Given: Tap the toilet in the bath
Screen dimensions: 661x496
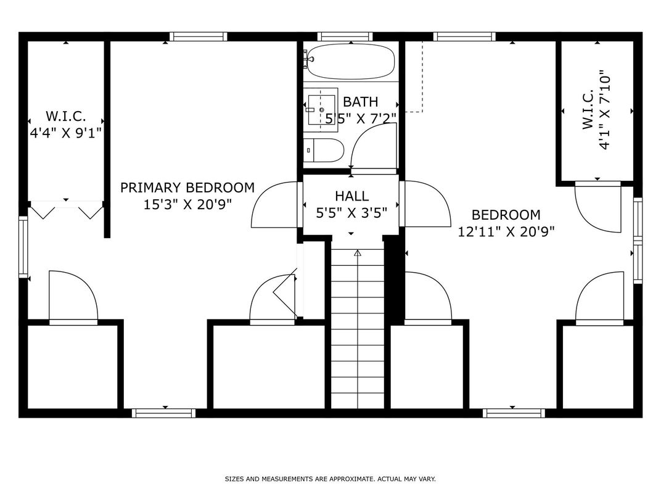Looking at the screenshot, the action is [324, 150].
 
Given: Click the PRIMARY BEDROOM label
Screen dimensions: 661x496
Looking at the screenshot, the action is [187, 188].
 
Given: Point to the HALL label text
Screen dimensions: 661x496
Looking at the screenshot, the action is [352, 196].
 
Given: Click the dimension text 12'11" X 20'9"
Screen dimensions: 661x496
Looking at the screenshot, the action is [506, 231].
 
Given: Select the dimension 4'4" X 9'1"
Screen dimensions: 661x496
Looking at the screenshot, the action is [66, 133].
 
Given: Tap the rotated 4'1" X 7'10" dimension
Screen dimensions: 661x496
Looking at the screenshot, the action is [604, 110].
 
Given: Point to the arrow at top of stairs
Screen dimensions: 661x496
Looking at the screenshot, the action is [358, 253].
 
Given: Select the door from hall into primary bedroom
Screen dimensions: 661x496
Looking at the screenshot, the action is [275, 205].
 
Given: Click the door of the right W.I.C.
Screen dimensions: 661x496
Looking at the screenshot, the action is [597, 207].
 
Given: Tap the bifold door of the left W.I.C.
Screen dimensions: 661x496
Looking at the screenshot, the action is [66, 210].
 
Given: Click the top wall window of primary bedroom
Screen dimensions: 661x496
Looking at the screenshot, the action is [198, 36].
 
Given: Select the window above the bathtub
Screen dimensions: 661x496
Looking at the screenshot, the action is [345, 36].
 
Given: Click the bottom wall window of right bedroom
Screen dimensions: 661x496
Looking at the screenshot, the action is [514, 413].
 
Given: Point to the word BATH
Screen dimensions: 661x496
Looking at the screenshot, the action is [361, 102].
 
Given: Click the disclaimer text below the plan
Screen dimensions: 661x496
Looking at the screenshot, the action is [330, 479].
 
